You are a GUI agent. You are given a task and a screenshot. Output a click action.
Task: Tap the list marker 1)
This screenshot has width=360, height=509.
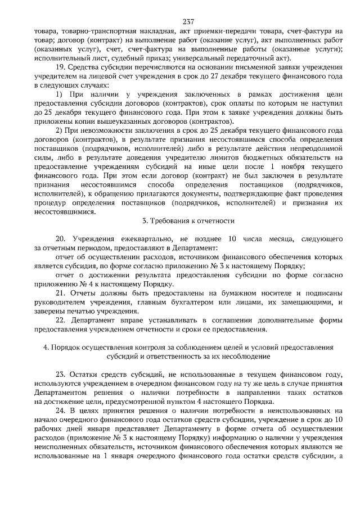pos(60,93)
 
